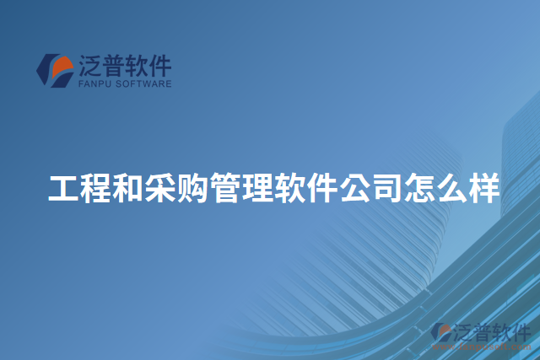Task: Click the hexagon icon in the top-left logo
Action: (x=53, y=71)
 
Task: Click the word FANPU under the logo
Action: (x=94, y=84)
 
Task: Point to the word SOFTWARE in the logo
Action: (x=143, y=84)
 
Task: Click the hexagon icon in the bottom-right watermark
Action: (x=441, y=334)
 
